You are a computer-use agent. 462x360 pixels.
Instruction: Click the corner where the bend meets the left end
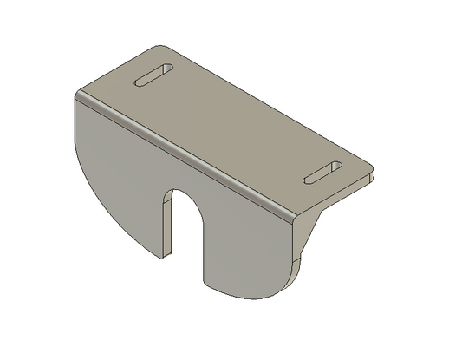click(x=76, y=94)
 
